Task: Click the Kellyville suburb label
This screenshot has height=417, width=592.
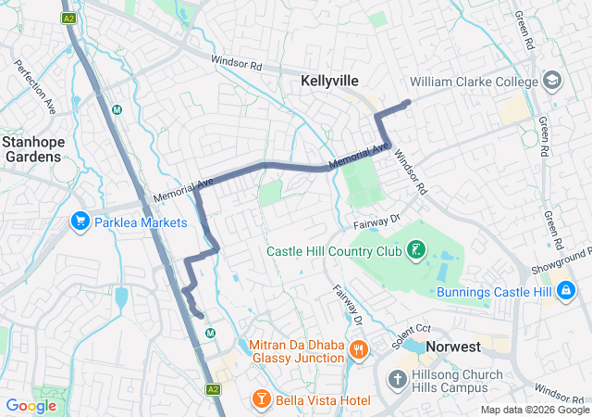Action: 329,82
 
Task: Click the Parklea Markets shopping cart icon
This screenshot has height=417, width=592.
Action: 80,222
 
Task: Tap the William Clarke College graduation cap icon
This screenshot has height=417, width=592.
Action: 552,82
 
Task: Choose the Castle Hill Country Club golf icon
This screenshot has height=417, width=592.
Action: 416,250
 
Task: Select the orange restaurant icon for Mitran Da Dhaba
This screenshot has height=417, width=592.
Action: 359,350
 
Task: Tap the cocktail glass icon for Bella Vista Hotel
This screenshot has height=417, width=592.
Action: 262,399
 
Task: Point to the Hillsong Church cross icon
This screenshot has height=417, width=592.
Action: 397,380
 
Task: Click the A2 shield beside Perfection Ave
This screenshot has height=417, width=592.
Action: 68,19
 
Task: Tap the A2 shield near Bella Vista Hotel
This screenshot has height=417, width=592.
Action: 213,389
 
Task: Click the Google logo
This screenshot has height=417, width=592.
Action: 31,405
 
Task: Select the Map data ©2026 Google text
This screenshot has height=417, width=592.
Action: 534,411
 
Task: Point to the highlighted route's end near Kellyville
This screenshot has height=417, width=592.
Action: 408,102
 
